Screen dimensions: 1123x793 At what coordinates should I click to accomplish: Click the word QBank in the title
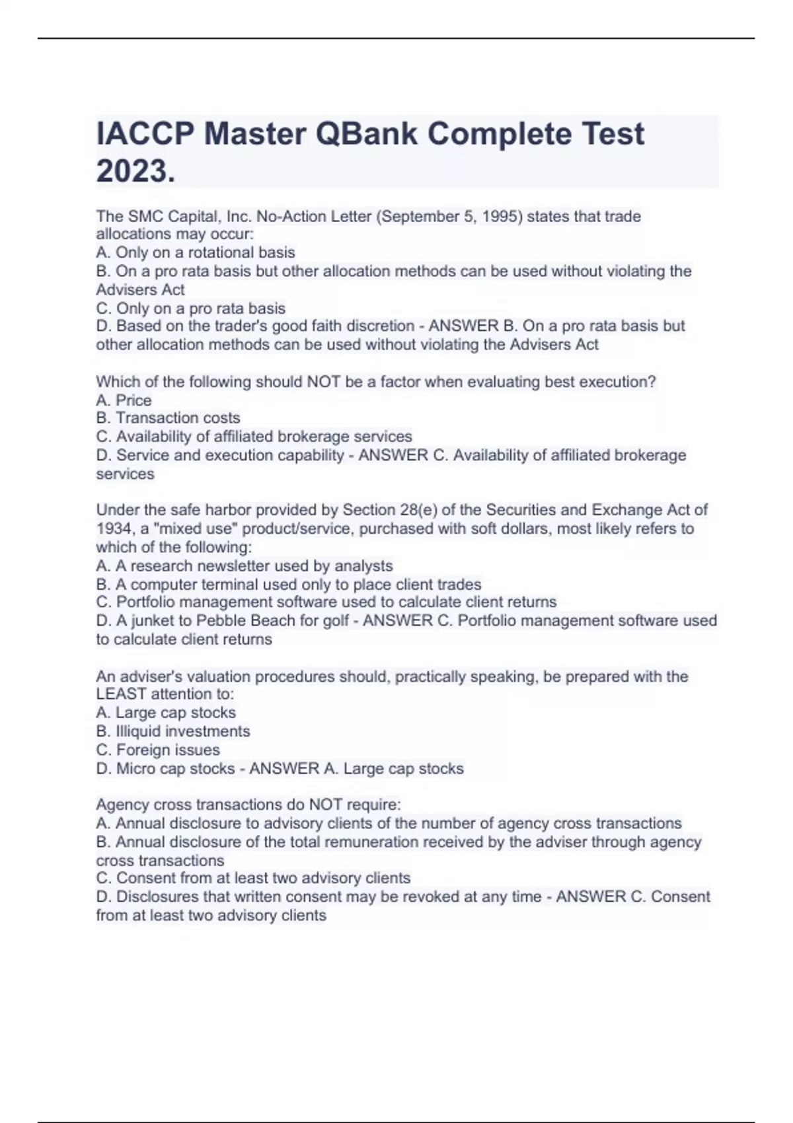click(x=367, y=134)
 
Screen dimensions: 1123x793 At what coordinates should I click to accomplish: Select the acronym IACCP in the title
click(x=145, y=134)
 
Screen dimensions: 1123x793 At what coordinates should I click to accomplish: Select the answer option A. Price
click(x=124, y=400)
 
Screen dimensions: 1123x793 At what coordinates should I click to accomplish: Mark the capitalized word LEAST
click(x=121, y=694)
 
